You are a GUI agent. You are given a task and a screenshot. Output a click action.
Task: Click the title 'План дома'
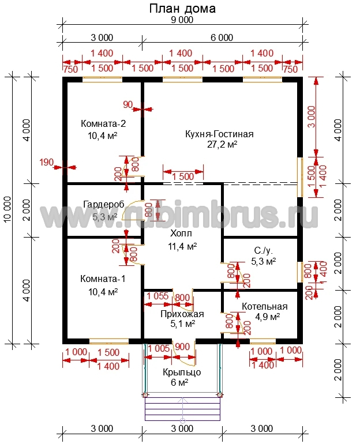click(182, 9)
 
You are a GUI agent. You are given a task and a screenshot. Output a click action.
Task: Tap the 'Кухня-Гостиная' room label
click(219, 134)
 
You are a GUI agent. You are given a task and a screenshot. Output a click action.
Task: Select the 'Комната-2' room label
click(103, 124)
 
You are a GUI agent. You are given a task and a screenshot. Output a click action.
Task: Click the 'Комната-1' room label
click(103, 279)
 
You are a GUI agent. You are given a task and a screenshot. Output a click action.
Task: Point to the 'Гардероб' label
click(104, 204)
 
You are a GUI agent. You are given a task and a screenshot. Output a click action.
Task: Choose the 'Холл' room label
click(181, 234)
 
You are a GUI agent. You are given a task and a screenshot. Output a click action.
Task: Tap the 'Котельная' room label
click(265, 306)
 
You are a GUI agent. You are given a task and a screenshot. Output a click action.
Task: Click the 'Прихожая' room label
click(182, 314)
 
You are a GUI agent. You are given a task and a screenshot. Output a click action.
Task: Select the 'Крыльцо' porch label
click(182, 372)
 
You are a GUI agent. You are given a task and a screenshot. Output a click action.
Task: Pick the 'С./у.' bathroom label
click(264, 251)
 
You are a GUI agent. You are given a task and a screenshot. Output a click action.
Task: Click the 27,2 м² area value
click(222, 145)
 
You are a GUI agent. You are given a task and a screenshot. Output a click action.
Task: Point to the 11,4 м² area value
click(182, 247)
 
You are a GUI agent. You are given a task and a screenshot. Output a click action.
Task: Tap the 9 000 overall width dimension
click(182, 20)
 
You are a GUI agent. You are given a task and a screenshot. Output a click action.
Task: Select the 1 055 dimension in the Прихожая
click(157, 296)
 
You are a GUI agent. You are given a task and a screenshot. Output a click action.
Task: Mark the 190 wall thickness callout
click(47, 163)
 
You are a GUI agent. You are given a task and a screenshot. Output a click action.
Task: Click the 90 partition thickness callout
click(127, 105)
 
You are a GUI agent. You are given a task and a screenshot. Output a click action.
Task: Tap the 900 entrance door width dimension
click(182, 347)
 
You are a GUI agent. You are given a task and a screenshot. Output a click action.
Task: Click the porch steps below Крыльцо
click(183, 409)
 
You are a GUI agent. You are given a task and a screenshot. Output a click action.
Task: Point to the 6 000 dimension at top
click(222, 37)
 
